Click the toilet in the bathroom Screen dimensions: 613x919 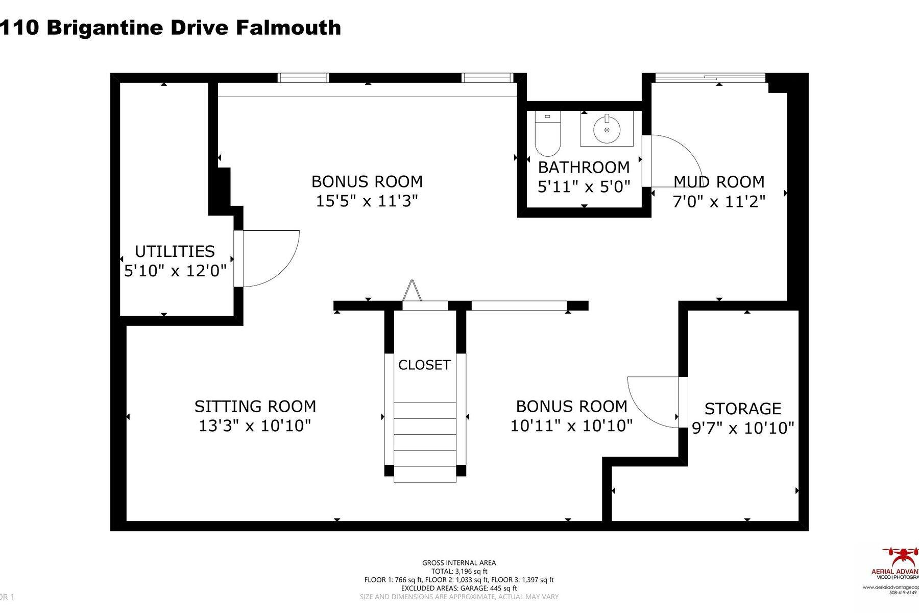548,135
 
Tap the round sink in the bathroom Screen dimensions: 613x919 607,129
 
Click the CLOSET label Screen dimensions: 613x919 424,365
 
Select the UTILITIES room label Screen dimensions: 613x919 175,251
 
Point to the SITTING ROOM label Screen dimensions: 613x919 255,407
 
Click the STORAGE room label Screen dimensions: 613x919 743,409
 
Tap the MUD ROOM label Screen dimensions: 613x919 719,182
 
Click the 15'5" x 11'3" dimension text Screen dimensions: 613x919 367,201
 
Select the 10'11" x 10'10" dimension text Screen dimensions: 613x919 572,426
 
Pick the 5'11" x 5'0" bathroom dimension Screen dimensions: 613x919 584,186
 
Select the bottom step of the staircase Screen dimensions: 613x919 425,474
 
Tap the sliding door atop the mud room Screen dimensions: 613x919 710,78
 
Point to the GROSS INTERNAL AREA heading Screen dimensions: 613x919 459,563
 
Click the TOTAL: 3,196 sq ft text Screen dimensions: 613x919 459,571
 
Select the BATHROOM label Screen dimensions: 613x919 584,167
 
